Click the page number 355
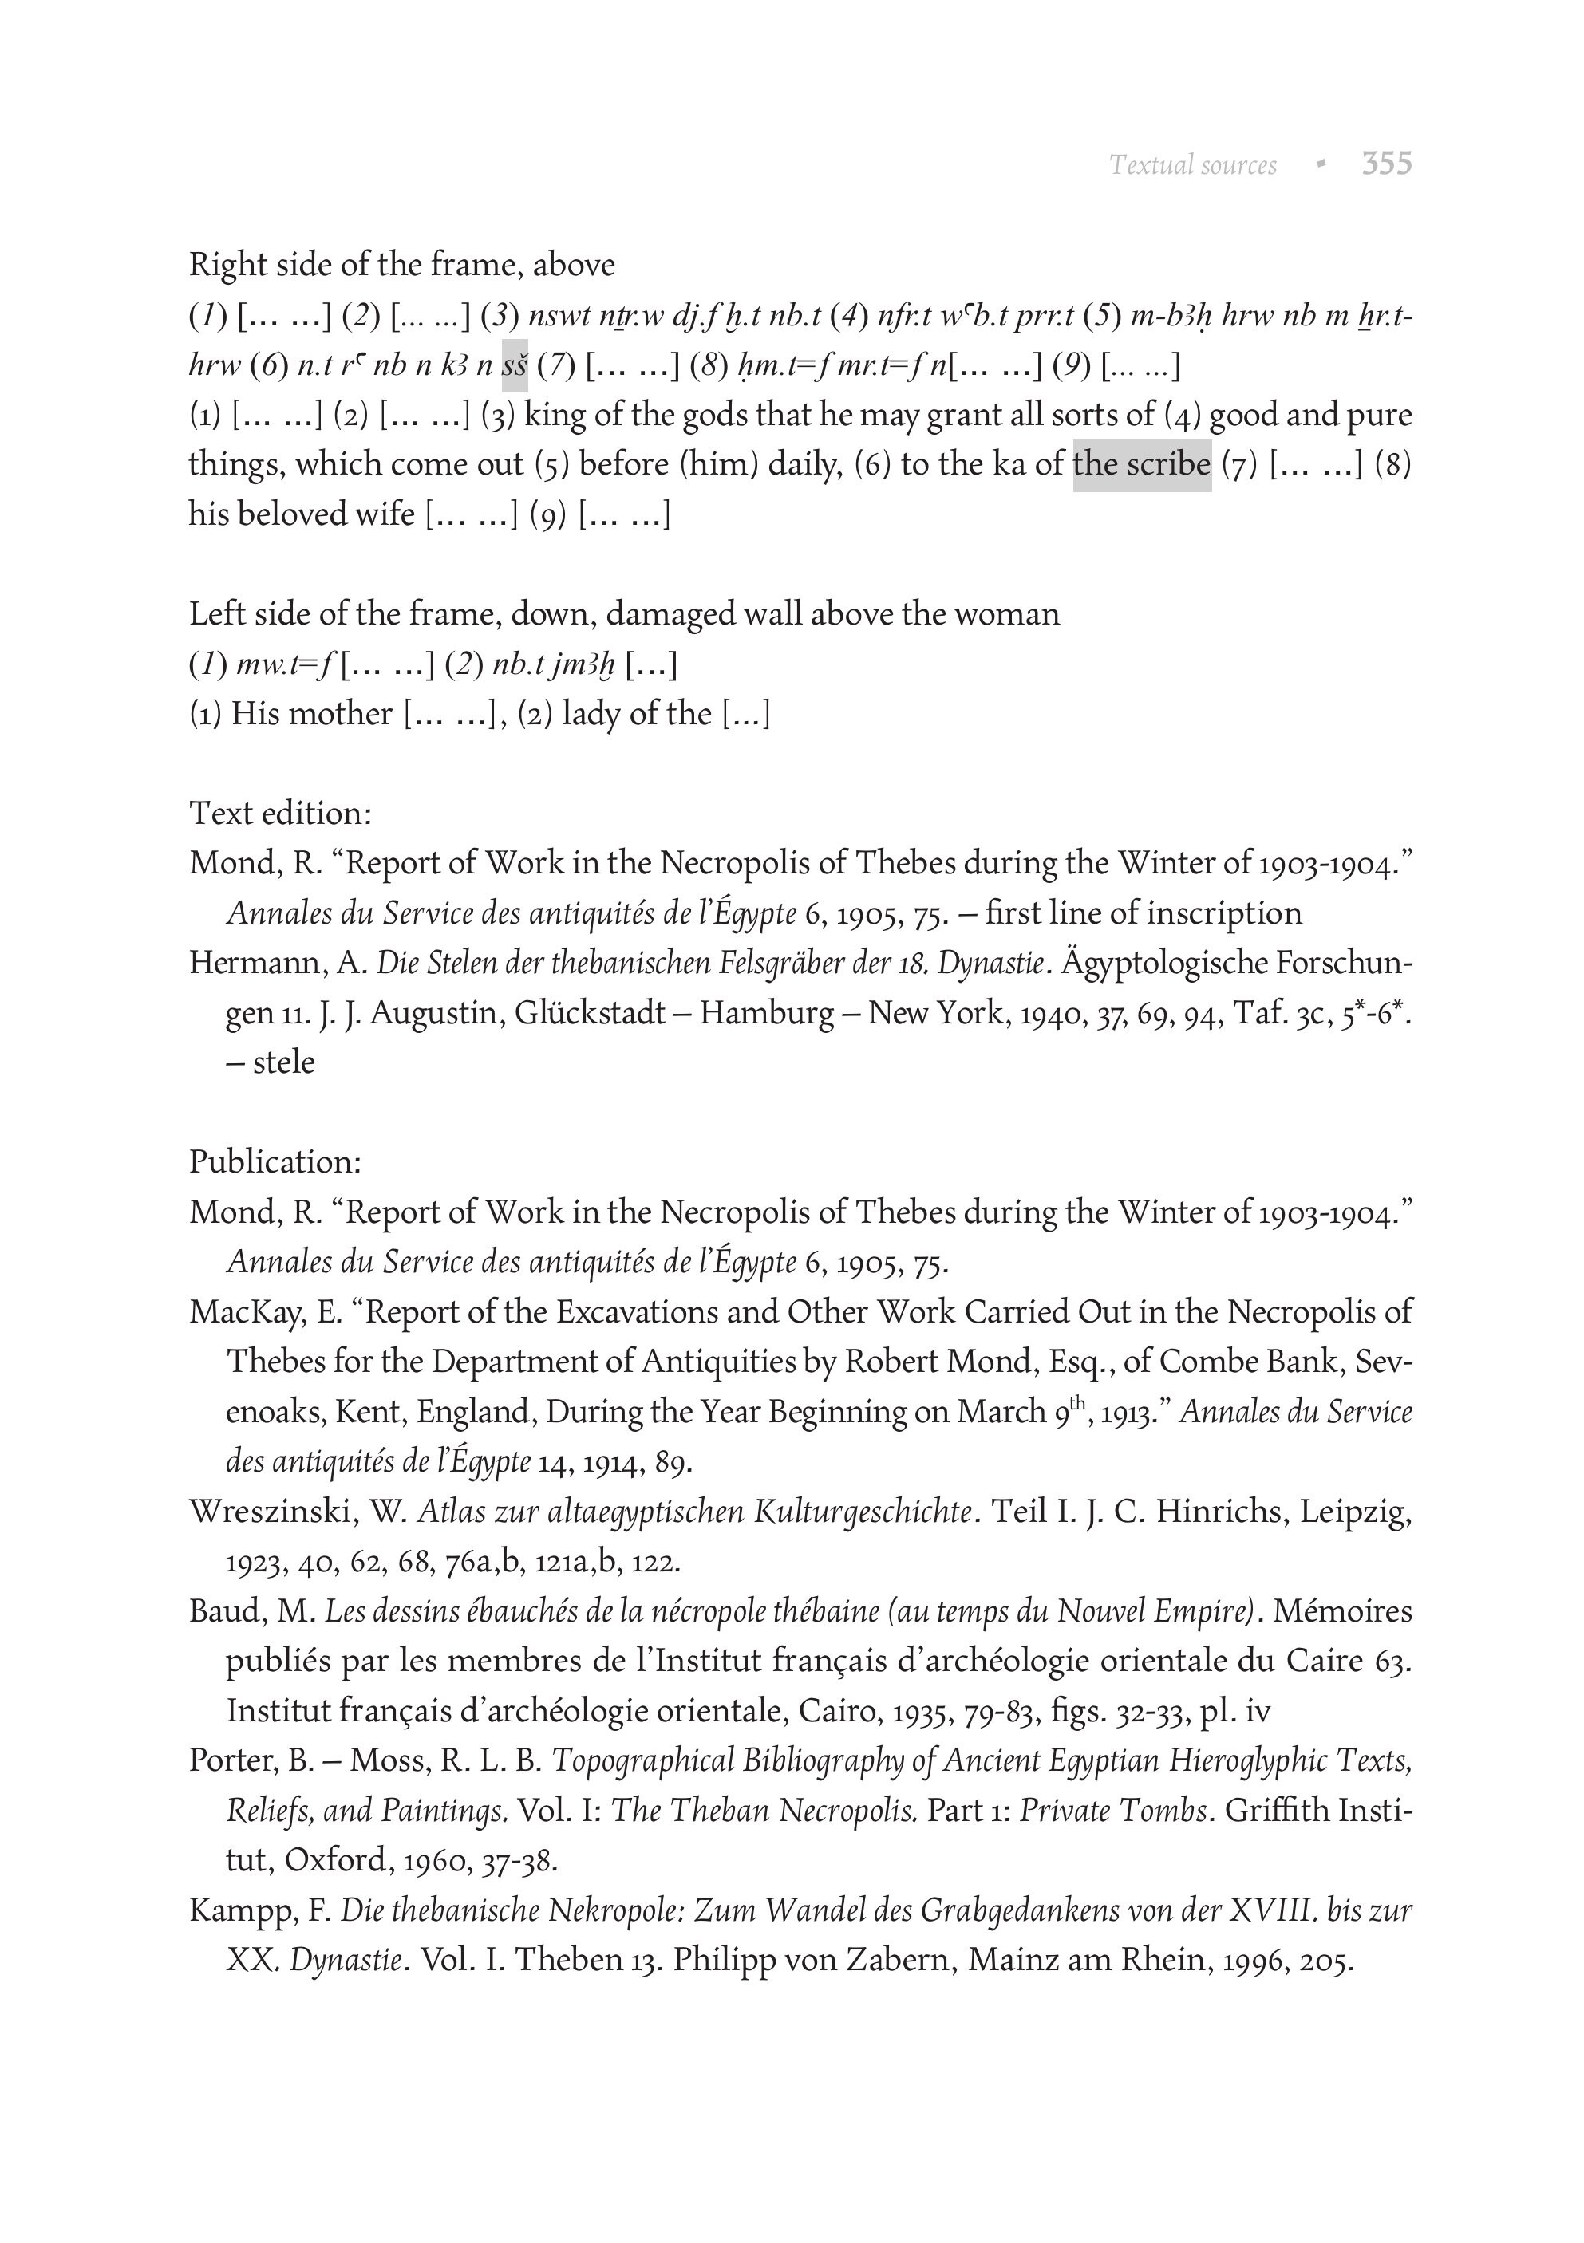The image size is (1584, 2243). (x=1387, y=164)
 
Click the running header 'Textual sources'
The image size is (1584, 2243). (x=1193, y=165)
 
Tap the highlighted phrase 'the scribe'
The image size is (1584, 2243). (x=1141, y=463)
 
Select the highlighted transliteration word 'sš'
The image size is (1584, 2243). (x=515, y=366)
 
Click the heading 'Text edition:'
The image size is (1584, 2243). (x=280, y=813)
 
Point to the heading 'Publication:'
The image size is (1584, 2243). (x=275, y=1161)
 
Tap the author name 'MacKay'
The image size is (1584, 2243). (x=248, y=1312)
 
